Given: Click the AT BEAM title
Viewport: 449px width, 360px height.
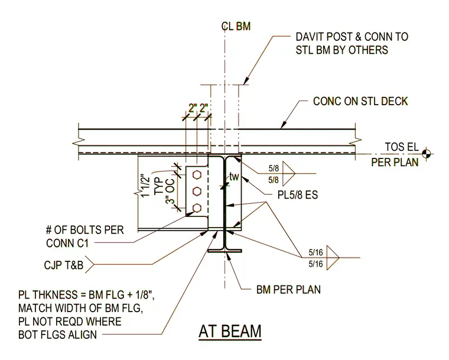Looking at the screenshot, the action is pos(230,332).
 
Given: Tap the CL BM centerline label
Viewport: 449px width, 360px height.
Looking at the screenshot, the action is pos(236,26).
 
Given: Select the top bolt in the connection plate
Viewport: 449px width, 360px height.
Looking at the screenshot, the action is pos(197,174).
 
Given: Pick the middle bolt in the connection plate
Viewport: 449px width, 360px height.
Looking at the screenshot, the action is pos(197,190).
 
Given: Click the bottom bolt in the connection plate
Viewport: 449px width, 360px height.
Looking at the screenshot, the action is pos(197,207).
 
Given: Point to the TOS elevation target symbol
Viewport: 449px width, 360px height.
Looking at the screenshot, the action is pos(426,154).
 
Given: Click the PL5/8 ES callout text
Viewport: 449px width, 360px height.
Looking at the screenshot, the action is pos(298,195).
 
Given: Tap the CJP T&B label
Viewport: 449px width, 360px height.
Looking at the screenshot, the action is pos(64,265).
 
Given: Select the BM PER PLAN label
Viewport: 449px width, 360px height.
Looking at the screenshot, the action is pos(288,290).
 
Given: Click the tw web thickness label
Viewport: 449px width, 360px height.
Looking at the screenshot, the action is pos(234,177).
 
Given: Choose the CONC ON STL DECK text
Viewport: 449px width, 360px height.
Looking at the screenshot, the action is pos(360,101).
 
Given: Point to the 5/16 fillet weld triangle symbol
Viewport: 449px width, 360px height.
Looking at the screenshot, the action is pos(333,258).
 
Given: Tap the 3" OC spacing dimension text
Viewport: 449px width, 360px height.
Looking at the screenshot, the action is pos(170,191).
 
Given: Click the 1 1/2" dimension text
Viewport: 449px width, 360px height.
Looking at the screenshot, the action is pos(146,185).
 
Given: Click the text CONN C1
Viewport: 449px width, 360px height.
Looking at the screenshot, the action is pos(67,243).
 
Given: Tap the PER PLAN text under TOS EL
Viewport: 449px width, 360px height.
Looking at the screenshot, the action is pos(395,162).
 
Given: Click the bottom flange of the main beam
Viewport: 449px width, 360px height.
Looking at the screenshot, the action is pos(224,251).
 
